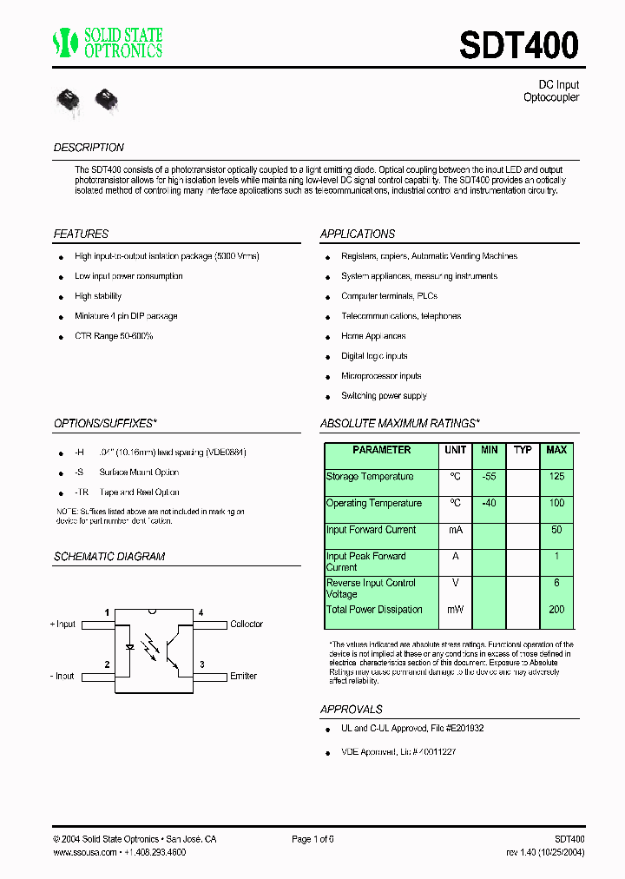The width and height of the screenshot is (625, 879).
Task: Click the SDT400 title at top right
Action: [x=518, y=45]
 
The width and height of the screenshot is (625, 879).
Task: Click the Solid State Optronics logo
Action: [x=108, y=43]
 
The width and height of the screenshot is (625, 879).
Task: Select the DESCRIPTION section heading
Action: [x=89, y=148]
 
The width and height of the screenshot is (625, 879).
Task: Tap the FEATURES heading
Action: [x=81, y=234]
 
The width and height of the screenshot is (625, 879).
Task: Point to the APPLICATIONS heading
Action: [x=357, y=234]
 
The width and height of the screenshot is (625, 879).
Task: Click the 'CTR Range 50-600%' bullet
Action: [x=114, y=336]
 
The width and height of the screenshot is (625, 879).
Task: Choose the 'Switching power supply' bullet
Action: [x=384, y=396]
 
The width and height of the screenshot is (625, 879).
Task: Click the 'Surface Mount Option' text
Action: [x=139, y=473]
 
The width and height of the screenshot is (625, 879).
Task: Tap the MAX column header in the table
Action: [x=556, y=450]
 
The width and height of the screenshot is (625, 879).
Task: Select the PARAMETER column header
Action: [x=382, y=450]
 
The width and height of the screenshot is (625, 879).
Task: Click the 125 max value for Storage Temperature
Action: [x=556, y=477]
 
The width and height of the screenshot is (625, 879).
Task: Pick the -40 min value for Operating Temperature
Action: [x=489, y=503]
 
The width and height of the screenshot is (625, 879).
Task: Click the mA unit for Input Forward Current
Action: [x=455, y=530]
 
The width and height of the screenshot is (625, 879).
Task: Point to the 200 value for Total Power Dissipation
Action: [x=556, y=610]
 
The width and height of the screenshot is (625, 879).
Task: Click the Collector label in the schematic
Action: [x=247, y=625]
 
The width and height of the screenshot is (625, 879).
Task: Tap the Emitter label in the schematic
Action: [x=243, y=676]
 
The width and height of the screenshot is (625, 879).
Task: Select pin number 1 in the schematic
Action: [x=108, y=613]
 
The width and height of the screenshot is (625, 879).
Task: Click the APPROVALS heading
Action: [x=351, y=710]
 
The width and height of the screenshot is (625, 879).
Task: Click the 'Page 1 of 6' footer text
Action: [x=312, y=839]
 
